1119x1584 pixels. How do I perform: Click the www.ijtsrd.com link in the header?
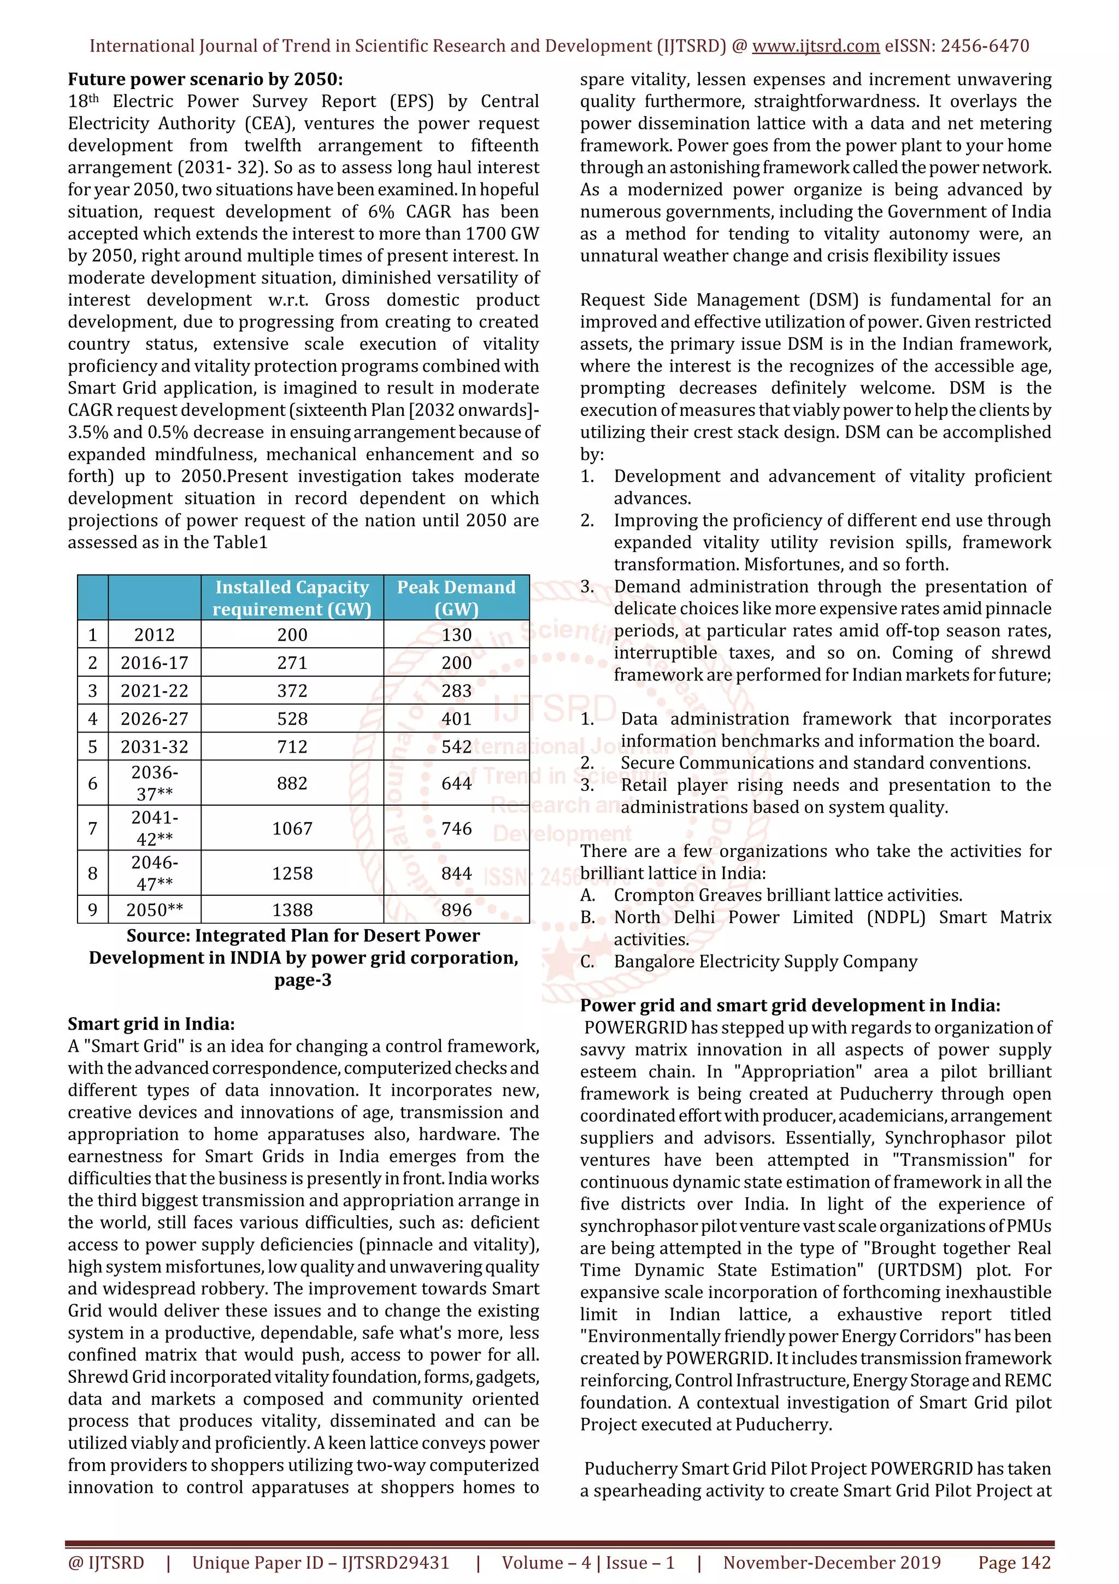815,46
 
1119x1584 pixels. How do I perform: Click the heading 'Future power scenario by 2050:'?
205,79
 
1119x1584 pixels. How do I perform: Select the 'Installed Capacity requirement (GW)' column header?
292,597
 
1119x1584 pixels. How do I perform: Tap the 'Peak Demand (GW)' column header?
456,597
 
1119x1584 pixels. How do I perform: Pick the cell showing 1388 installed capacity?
292,910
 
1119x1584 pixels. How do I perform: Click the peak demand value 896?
456,910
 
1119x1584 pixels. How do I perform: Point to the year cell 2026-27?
155,719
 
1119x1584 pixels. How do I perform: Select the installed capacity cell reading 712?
292,747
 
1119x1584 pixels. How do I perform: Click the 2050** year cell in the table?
155,910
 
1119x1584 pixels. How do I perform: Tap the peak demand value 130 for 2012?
456,635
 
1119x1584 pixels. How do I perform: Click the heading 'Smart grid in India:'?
151,1024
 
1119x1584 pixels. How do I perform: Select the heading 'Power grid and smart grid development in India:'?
790,1005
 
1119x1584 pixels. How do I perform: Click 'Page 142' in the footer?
1014,1563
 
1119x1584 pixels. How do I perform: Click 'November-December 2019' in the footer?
832,1563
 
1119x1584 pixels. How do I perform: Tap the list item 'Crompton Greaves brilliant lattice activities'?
787,895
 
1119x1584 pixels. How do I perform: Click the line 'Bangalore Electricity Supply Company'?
765,962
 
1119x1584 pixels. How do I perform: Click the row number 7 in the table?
92,828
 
